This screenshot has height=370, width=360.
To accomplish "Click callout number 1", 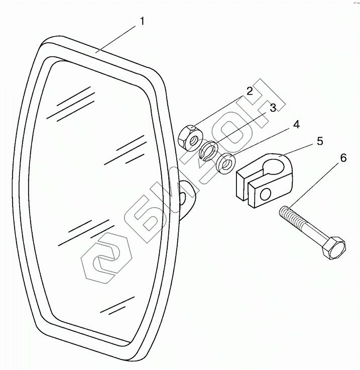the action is [142, 22].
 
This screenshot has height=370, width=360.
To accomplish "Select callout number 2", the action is [249, 91].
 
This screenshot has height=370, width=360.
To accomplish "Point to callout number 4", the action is [296, 124].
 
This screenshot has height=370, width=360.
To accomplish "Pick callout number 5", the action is [319, 142].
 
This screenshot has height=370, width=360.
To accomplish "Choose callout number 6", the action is [343, 158].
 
